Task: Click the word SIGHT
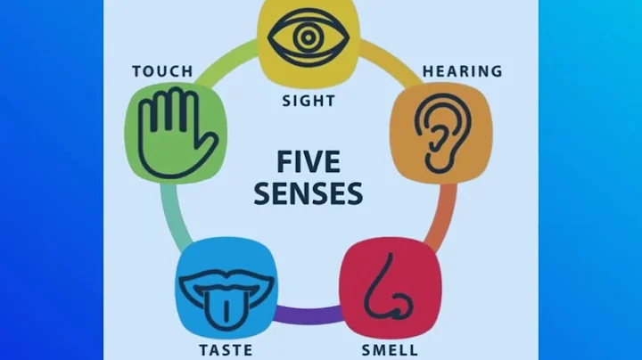[x=308, y=100]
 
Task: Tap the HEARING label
[x=462, y=70]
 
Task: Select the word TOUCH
[x=162, y=70]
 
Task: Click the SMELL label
[x=391, y=349]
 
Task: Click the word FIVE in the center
[x=308, y=162]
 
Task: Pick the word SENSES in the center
[x=308, y=192]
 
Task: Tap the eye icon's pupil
[x=308, y=37]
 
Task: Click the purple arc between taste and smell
[x=309, y=315]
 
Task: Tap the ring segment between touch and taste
[x=172, y=214]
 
